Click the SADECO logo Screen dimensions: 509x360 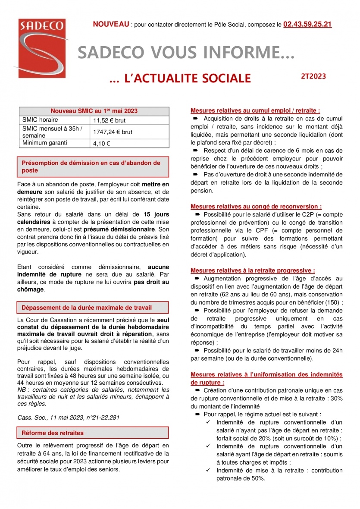(x=41, y=47)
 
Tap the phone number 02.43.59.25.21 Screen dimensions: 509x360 (x=307, y=25)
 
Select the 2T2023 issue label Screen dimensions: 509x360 (x=313, y=76)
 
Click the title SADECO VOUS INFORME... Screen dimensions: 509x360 (x=186, y=53)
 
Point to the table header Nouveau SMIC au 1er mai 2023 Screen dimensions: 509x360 (x=94, y=111)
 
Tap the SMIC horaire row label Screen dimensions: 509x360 (x=40, y=120)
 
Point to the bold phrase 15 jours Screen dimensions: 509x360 (x=156, y=214)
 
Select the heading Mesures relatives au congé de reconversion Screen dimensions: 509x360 (x=256, y=207)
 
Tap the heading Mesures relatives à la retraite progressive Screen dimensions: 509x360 (x=253, y=270)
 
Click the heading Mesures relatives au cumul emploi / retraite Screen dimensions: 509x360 (x=255, y=110)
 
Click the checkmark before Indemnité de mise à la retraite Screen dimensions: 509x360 (x=208, y=471)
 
